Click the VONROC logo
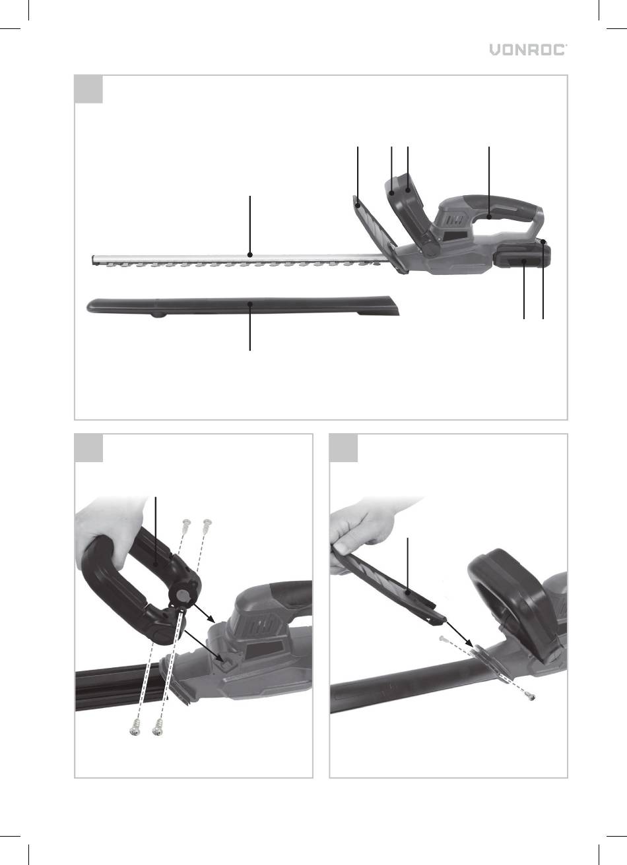tap(529, 50)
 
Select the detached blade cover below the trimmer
tap(243, 306)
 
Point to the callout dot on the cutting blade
tap(250, 254)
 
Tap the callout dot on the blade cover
tap(250, 304)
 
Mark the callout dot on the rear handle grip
tap(489, 217)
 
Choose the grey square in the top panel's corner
tap(88, 89)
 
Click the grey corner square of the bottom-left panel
tap(88, 448)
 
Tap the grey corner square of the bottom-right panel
tap(344, 448)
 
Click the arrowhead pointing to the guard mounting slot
tap(469, 645)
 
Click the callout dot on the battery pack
tap(524, 262)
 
